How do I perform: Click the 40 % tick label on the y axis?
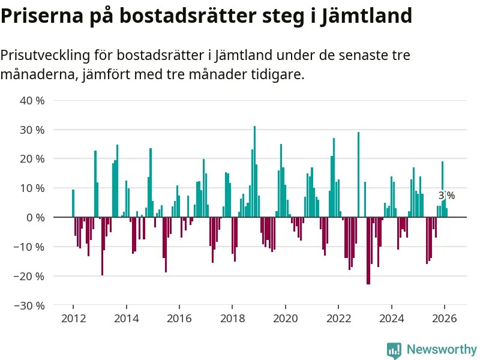[x=32, y=100]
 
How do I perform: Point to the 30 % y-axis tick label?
[x=32, y=130]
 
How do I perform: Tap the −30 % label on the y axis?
[x=29, y=305]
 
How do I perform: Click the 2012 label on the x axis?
[x=73, y=318]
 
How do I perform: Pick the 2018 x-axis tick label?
[x=232, y=318]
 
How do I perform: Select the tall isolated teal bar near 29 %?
[x=358, y=174]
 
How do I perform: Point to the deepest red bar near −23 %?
[x=368, y=250]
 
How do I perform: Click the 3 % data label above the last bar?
[x=446, y=196]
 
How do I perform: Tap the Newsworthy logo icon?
[x=394, y=349]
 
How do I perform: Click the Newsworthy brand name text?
[x=442, y=349]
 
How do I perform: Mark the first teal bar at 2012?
[x=73, y=203]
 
